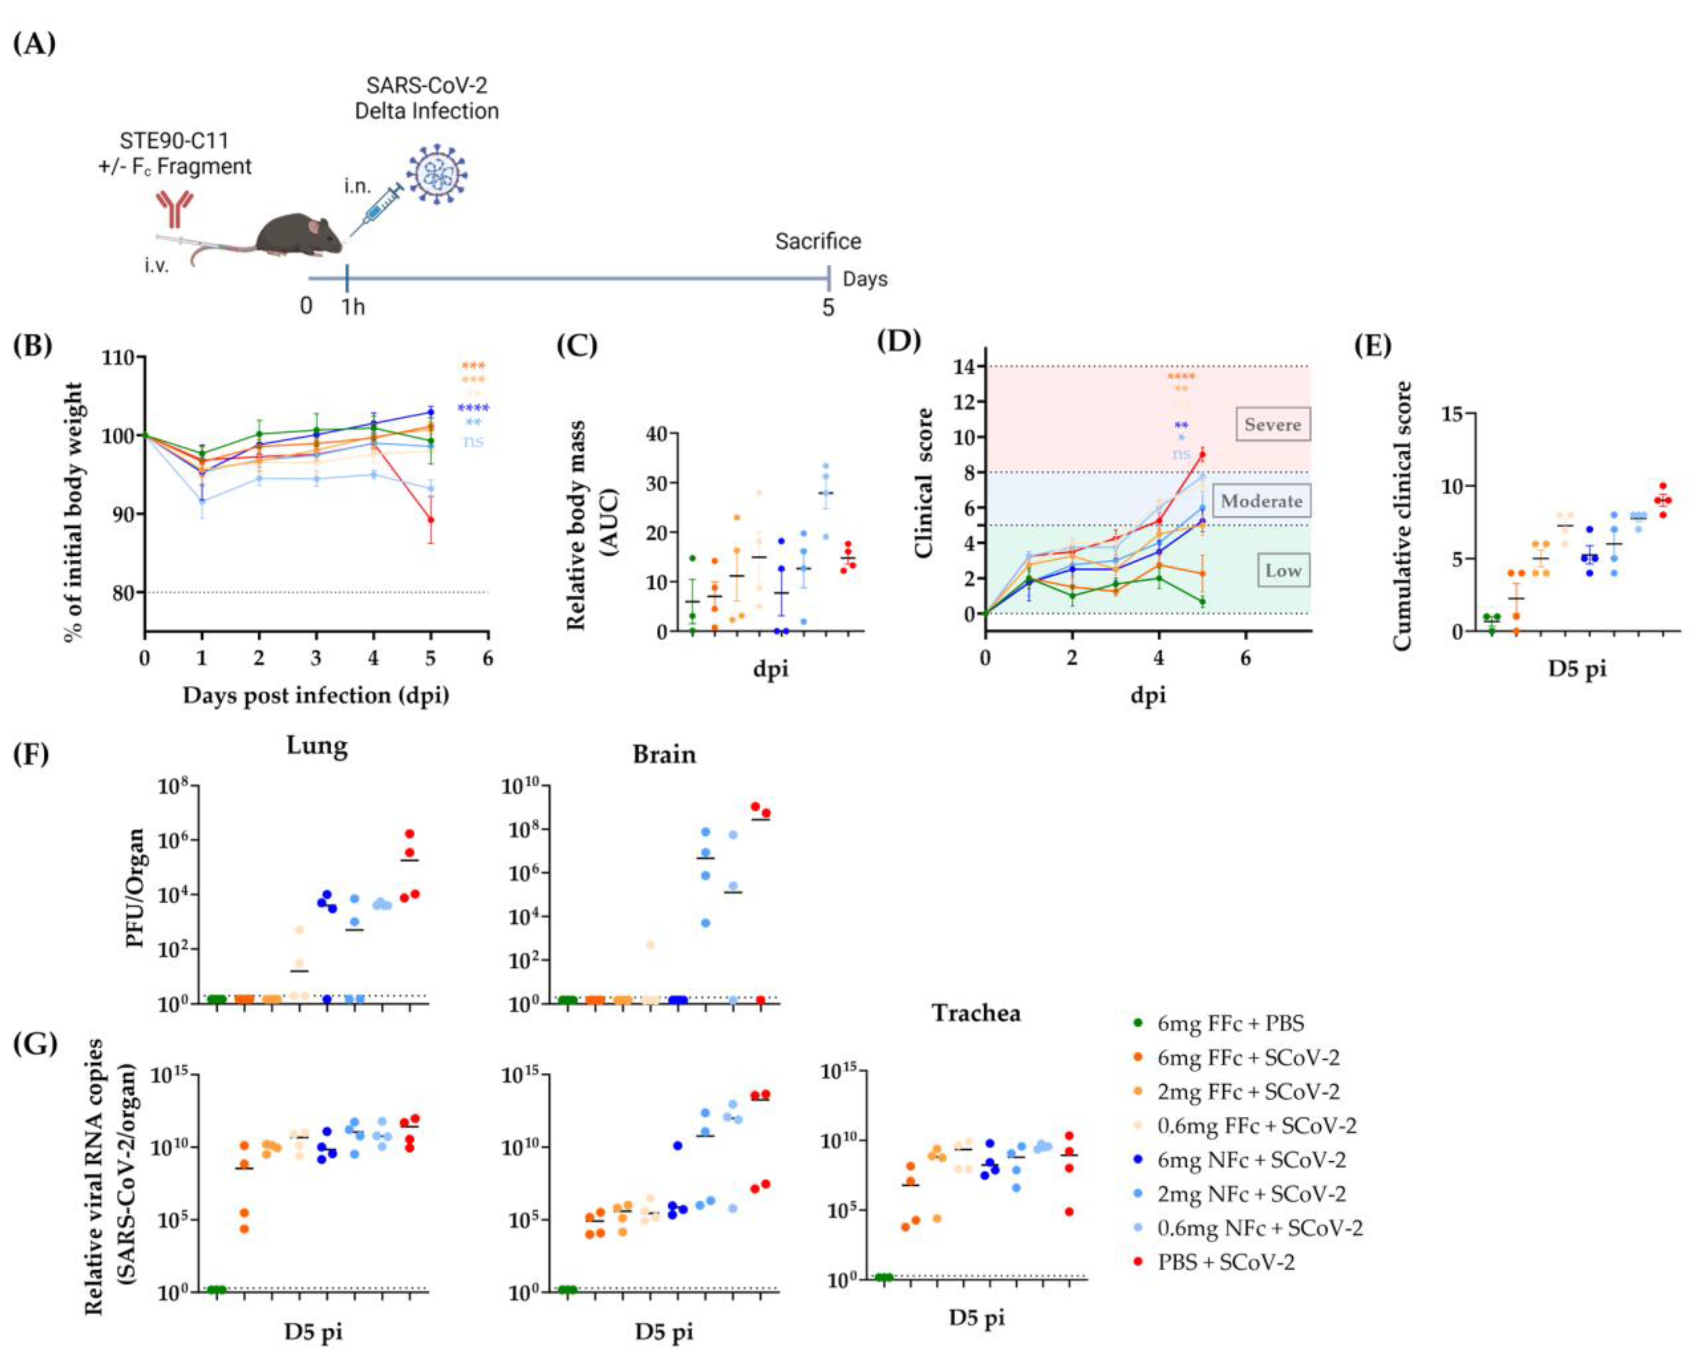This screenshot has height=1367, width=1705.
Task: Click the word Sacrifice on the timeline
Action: tap(818, 241)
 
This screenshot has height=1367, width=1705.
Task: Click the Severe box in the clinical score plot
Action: tap(1272, 425)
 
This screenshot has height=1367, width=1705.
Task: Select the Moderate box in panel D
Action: tap(1261, 501)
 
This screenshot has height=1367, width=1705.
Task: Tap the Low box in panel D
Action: tap(1283, 570)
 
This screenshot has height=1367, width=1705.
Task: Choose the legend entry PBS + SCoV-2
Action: tap(1226, 1262)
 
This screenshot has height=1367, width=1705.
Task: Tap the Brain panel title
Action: tap(664, 754)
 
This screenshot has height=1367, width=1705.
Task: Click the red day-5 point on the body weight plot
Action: tap(431, 520)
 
